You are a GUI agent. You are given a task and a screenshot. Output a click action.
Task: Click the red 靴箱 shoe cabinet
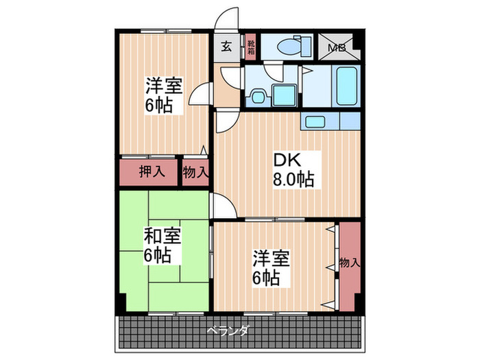pyautogui.click(x=251, y=47)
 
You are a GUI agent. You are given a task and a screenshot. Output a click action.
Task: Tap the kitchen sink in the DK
pyautogui.click(x=315, y=123)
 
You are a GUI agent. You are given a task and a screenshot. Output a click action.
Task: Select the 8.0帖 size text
pyautogui.click(x=293, y=180)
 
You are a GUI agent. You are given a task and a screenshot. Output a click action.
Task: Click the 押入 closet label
pyautogui.click(x=152, y=171)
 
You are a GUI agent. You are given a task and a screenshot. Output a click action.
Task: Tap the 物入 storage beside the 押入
pyautogui.click(x=195, y=171)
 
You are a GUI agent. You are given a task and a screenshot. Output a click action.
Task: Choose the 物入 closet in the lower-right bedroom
pyautogui.click(x=349, y=263)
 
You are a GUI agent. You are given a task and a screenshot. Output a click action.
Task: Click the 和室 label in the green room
pyautogui.click(x=162, y=237)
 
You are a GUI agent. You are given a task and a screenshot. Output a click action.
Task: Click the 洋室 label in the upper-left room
pyautogui.click(x=162, y=87)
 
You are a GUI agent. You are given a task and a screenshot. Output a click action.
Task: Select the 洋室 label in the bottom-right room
pyautogui.click(x=270, y=259)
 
